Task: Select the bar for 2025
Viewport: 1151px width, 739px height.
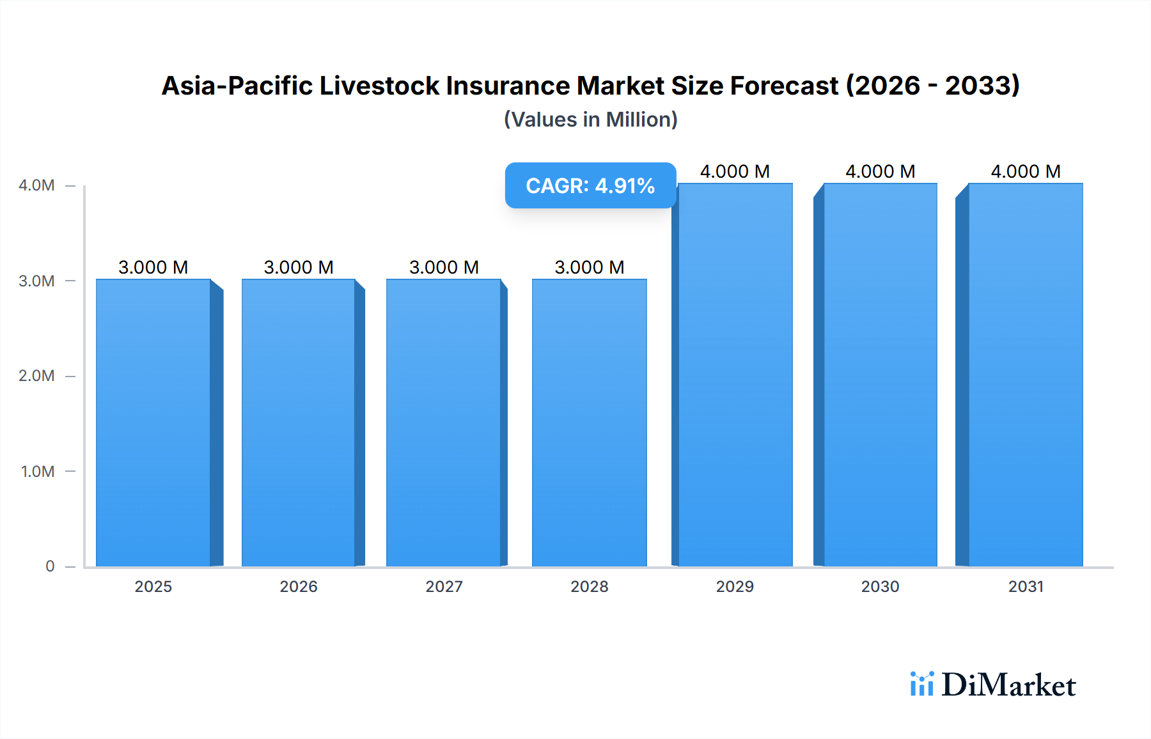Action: pyautogui.click(x=153, y=422)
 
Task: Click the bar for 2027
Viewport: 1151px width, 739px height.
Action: pyautogui.click(x=444, y=422)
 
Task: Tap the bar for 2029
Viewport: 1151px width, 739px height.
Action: pyautogui.click(x=735, y=375)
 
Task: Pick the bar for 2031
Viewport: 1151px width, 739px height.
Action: pyautogui.click(x=1026, y=375)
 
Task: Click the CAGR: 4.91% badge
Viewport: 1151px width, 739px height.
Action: pyautogui.click(x=590, y=185)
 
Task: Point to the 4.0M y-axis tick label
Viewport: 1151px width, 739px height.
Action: pyautogui.click(x=36, y=185)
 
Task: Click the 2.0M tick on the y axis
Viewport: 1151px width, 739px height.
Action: pyautogui.click(x=36, y=376)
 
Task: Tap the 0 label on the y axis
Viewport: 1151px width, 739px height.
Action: pyautogui.click(x=50, y=566)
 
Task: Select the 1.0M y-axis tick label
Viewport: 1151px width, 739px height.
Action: pyautogui.click(x=38, y=472)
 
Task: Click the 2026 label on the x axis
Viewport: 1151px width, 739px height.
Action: pyautogui.click(x=299, y=587)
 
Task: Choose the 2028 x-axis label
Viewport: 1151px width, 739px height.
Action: pyautogui.click(x=590, y=587)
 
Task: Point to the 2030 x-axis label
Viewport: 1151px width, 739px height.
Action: pyautogui.click(x=880, y=587)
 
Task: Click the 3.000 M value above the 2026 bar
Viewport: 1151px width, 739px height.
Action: pyautogui.click(x=299, y=267)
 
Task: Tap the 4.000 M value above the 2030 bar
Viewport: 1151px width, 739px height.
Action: pyautogui.click(x=880, y=171)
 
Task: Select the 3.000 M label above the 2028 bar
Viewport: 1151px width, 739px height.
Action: pyautogui.click(x=590, y=267)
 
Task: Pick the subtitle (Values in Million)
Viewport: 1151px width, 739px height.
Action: pyautogui.click(x=590, y=120)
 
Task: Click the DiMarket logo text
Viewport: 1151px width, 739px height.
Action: pyautogui.click(x=1008, y=685)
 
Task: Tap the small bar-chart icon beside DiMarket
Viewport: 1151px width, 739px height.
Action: pyautogui.click(x=921, y=684)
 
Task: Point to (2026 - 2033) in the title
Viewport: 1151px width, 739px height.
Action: pyautogui.click(x=932, y=86)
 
